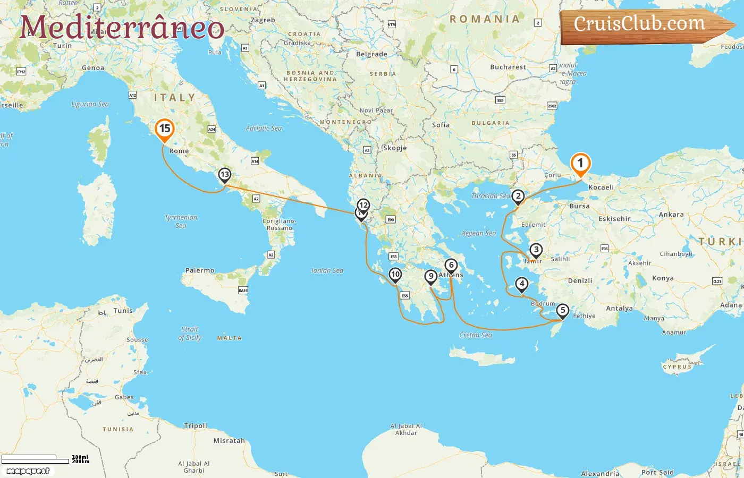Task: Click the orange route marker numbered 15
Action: pyautogui.click(x=165, y=129)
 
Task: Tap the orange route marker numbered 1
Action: pyautogui.click(x=580, y=164)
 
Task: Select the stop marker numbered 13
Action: pyautogui.click(x=225, y=175)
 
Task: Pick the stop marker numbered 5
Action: pyautogui.click(x=563, y=311)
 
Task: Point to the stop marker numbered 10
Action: pyautogui.click(x=395, y=275)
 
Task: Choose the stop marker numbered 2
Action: pyautogui.click(x=518, y=197)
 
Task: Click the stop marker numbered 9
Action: pyautogui.click(x=431, y=276)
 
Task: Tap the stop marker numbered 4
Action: pyautogui.click(x=522, y=284)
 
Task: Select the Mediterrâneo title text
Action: pyautogui.click(x=122, y=28)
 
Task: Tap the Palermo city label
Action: pyautogui.click(x=200, y=270)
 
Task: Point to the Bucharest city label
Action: pyautogui.click(x=508, y=67)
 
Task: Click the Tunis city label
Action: pyautogui.click(x=123, y=311)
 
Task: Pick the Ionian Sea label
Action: pyautogui.click(x=327, y=270)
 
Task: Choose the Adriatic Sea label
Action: pyautogui.click(x=264, y=128)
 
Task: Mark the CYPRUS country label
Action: pyautogui.click(x=677, y=366)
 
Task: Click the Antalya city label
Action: pyautogui.click(x=620, y=308)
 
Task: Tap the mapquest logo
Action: pyautogui.click(x=28, y=471)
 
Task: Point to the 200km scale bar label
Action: pyautogui.click(x=81, y=462)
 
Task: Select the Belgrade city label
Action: pyautogui.click(x=371, y=54)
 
